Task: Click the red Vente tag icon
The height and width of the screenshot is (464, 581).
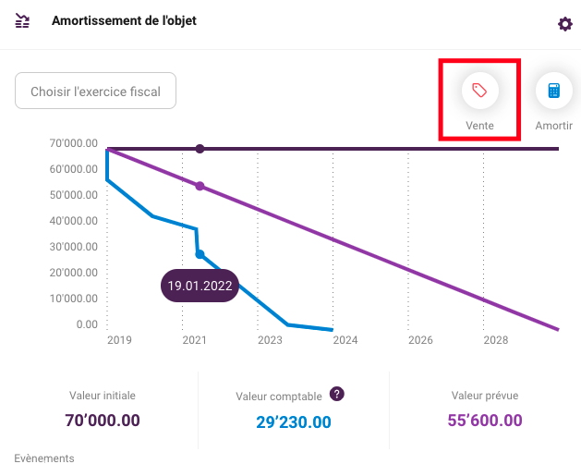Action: (479, 91)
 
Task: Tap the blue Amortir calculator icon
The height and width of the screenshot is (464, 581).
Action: (554, 91)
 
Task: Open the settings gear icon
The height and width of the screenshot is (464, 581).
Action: (565, 24)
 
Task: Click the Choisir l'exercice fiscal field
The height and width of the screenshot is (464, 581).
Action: (95, 91)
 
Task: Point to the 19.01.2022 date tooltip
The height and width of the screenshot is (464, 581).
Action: (200, 286)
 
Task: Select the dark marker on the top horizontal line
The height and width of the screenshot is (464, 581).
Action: (200, 149)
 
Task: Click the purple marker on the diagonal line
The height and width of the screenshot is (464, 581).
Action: (200, 186)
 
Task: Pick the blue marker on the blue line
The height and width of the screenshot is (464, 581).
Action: (200, 254)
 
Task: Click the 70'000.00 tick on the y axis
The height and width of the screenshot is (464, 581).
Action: (73, 143)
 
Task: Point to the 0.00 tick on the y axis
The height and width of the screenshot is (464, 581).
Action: (87, 324)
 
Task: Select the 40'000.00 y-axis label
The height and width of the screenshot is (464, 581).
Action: (73, 221)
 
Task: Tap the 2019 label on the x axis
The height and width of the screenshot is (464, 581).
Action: (119, 340)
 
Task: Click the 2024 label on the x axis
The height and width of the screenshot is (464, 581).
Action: (345, 340)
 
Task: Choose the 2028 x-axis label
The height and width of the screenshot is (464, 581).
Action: (496, 340)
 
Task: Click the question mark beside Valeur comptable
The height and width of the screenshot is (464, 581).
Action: (337, 394)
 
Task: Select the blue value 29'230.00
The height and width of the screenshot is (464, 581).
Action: (294, 422)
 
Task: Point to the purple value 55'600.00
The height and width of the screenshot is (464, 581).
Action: (485, 421)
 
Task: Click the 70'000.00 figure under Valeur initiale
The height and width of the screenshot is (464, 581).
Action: (103, 421)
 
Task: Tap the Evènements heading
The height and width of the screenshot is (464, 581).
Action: (44, 458)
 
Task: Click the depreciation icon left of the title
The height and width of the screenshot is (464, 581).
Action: (22, 20)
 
